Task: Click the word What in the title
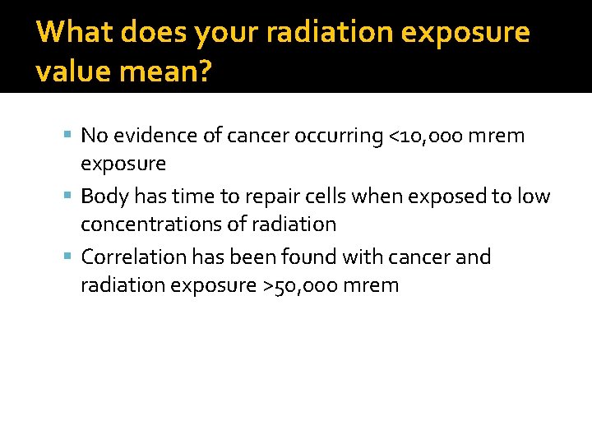(x=75, y=33)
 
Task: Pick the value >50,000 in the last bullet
(x=303, y=285)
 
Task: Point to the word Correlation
(x=134, y=257)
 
